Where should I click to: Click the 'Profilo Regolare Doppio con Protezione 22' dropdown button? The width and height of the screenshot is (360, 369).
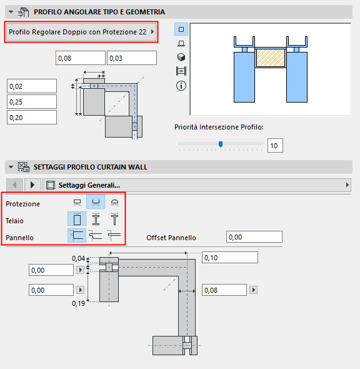pos(80,31)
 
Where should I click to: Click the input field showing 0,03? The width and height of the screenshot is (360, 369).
pos(131,58)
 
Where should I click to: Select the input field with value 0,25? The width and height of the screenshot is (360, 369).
pos(32,101)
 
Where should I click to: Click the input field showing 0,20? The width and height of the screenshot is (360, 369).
pos(32,117)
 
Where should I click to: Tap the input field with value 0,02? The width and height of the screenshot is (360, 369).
pos(32,86)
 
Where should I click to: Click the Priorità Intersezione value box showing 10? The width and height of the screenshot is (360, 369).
pos(275,146)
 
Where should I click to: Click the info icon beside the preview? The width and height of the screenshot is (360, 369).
pos(181,86)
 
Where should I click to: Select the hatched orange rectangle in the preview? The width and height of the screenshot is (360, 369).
pos(271,59)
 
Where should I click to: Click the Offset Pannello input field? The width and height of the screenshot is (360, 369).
pos(254,237)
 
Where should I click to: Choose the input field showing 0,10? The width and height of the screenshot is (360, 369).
pos(230,258)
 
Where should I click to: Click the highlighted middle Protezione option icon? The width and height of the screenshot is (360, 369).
pos(96,203)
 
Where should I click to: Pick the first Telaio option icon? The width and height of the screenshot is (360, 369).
pos(77,219)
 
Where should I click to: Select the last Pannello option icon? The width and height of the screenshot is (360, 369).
pos(114,235)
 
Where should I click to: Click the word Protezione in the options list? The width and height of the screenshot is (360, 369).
pos(22,204)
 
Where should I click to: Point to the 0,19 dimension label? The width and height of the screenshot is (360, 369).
pos(78,303)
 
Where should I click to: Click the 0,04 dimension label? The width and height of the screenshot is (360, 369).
pos(78,258)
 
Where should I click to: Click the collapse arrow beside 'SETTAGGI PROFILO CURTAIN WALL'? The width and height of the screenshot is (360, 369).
pos(10,167)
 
